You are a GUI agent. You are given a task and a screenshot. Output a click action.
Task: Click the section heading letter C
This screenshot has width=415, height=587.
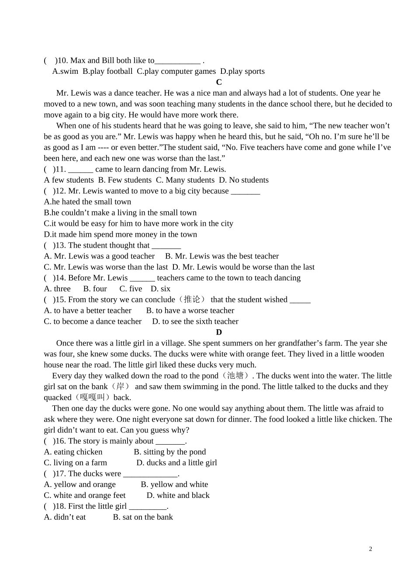point(219,82)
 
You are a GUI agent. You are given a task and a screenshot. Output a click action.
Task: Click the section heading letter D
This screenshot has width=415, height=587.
point(219,332)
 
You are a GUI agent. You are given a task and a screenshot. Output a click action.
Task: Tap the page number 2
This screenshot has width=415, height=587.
point(370,549)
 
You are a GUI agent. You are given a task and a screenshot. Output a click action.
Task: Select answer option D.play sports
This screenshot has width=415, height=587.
point(242,71)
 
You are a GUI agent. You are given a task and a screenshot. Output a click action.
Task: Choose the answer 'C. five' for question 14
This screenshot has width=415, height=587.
point(131,289)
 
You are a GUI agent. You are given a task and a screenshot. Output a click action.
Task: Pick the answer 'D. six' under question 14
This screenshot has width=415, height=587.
point(160,289)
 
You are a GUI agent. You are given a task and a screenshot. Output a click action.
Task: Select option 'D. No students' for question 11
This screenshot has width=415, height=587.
point(244,180)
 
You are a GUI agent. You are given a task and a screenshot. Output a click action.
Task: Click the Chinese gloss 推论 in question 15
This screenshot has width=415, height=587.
point(191,300)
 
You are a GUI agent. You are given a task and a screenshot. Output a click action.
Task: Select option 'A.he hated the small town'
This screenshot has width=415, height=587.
point(87,202)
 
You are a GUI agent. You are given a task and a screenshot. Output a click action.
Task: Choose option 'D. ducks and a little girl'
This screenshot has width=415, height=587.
point(176,463)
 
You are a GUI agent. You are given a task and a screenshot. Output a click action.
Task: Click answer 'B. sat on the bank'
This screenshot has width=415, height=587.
point(143,517)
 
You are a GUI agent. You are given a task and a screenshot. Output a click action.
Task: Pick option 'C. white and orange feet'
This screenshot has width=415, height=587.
point(85,495)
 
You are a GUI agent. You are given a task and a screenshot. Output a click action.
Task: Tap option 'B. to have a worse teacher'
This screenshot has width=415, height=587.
point(190,311)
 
